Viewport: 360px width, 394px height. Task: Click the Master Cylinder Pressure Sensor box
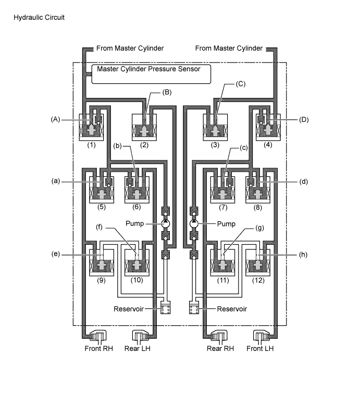coord(151,73)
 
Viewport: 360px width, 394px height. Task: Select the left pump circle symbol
coord(166,223)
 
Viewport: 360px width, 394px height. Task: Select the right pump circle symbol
coord(194,223)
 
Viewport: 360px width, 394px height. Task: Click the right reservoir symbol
coord(194,308)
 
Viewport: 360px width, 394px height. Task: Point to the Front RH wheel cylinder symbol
coord(98,337)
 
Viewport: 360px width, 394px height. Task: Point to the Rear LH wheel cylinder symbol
coord(142,337)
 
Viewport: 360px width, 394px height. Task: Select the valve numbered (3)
coord(216,127)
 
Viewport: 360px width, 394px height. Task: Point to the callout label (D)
coord(305,119)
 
